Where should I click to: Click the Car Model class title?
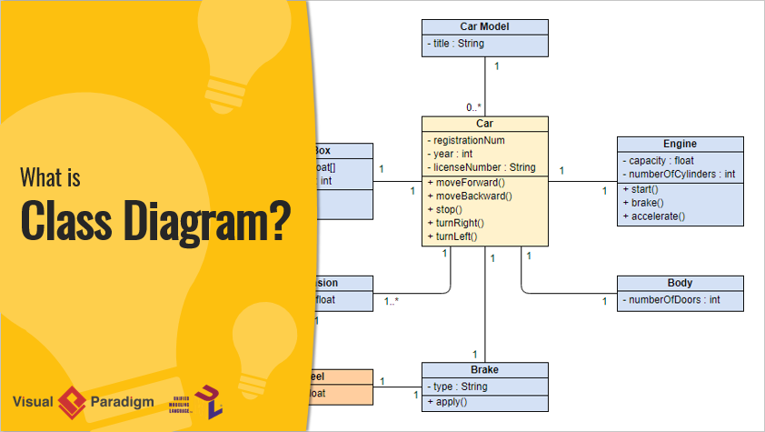(x=484, y=26)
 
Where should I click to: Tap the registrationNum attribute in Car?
(x=469, y=140)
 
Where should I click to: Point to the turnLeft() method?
(x=455, y=236)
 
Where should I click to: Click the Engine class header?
(x=680, y=144)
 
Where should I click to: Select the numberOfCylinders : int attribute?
(x=679, y=175)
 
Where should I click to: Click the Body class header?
(x=680, y=284)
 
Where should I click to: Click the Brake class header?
(x=484, y=370)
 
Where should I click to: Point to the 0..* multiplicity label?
(x=474, y=106)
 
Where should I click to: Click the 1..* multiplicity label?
(x=392, y=301)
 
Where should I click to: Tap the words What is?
(x=51, y=177)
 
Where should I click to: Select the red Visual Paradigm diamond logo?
(x=71, y=401)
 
